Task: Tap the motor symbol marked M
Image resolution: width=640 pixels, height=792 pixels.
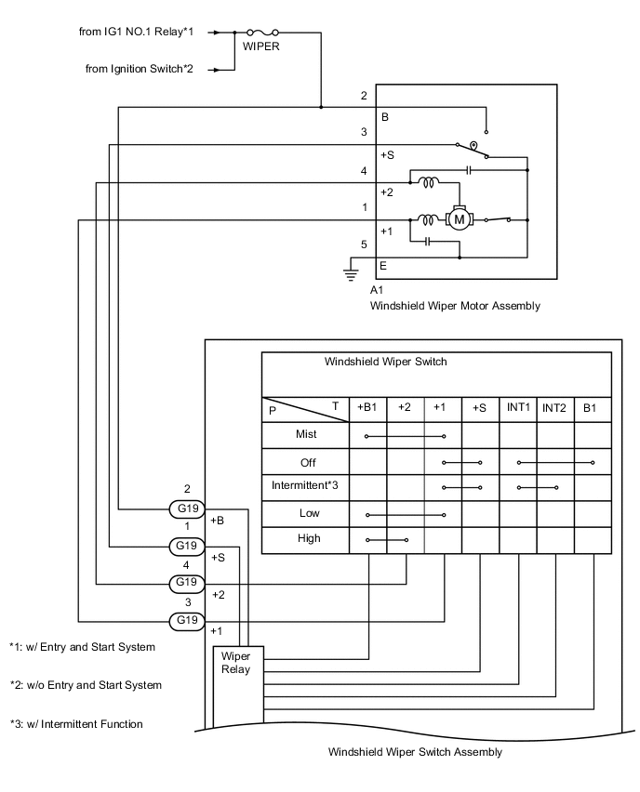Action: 459,219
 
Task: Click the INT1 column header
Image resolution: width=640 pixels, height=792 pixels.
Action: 518,407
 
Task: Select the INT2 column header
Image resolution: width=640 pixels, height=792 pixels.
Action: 555,407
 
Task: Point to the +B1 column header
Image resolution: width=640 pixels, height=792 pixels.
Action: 367,407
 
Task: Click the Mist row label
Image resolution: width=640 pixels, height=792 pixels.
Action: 306,434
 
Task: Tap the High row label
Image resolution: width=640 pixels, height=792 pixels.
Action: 309,538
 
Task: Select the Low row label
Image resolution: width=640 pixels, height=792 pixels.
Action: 309,512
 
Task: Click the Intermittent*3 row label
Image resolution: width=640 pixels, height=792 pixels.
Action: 305,485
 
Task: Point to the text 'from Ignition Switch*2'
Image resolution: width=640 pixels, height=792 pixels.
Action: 139,69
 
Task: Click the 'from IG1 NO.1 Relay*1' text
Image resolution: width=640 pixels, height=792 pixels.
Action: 136,32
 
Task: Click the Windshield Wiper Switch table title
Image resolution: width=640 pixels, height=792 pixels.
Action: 385,362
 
